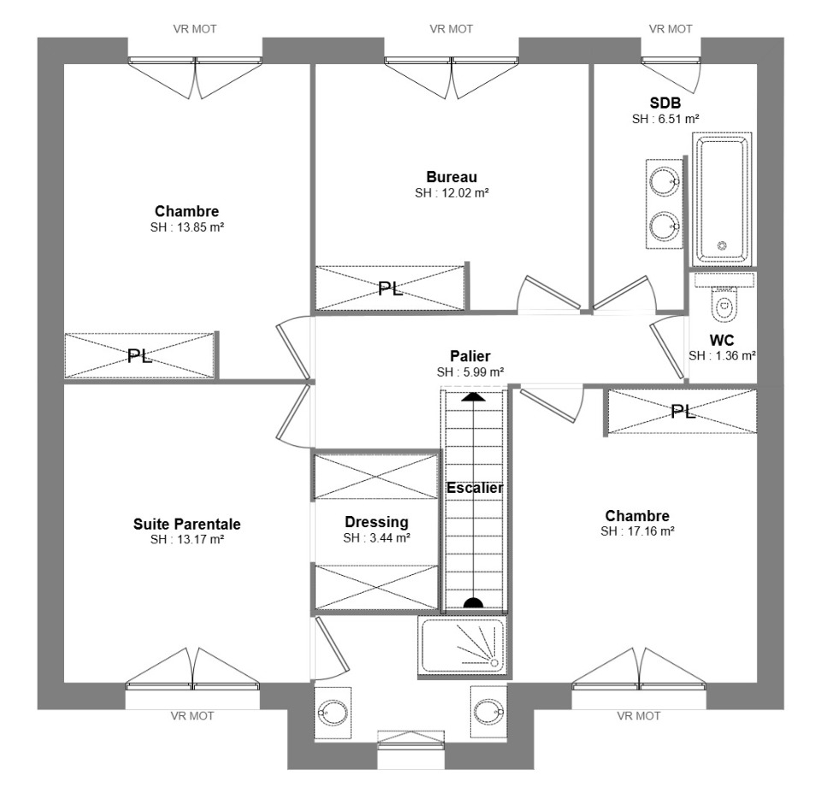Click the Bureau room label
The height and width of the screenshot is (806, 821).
(452, 177)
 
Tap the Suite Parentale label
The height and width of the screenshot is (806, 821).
(187, 524)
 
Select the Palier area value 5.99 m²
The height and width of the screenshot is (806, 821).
(470, 372)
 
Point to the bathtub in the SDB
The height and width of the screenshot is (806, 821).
(722, 199)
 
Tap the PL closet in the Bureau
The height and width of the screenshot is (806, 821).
(390, 288)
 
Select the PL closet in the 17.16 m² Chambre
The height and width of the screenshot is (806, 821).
(682, 412)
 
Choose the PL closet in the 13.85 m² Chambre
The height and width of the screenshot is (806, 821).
(139, 355)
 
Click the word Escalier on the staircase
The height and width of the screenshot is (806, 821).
(475, 488)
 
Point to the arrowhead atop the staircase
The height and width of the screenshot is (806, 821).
(473, 396)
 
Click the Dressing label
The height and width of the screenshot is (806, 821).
(376, 522)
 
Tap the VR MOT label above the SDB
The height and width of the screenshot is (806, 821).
(670, 29)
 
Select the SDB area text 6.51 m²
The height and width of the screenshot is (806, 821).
(665, 119)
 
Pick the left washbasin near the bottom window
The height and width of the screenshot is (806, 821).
(333, 713)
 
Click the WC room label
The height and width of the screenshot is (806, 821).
(722, 340)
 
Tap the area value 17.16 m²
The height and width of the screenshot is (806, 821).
(637, 531)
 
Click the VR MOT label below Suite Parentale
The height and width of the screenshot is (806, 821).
(192, 716)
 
